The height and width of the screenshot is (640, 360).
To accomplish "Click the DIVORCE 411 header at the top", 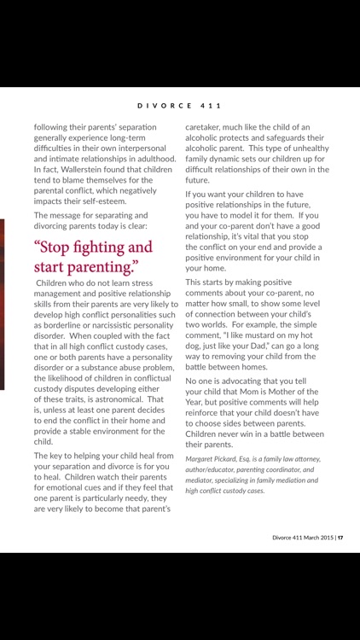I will pyautogui.click(x=180, y=106).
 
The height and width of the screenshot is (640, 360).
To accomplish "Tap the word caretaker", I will pyautogui.click(x=207, y=125).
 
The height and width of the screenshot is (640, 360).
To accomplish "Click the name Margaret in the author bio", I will pyautogui.click(x=205, y=459).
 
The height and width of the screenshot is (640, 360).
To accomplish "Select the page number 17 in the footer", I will pyautogui.click(x=340, y=538).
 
